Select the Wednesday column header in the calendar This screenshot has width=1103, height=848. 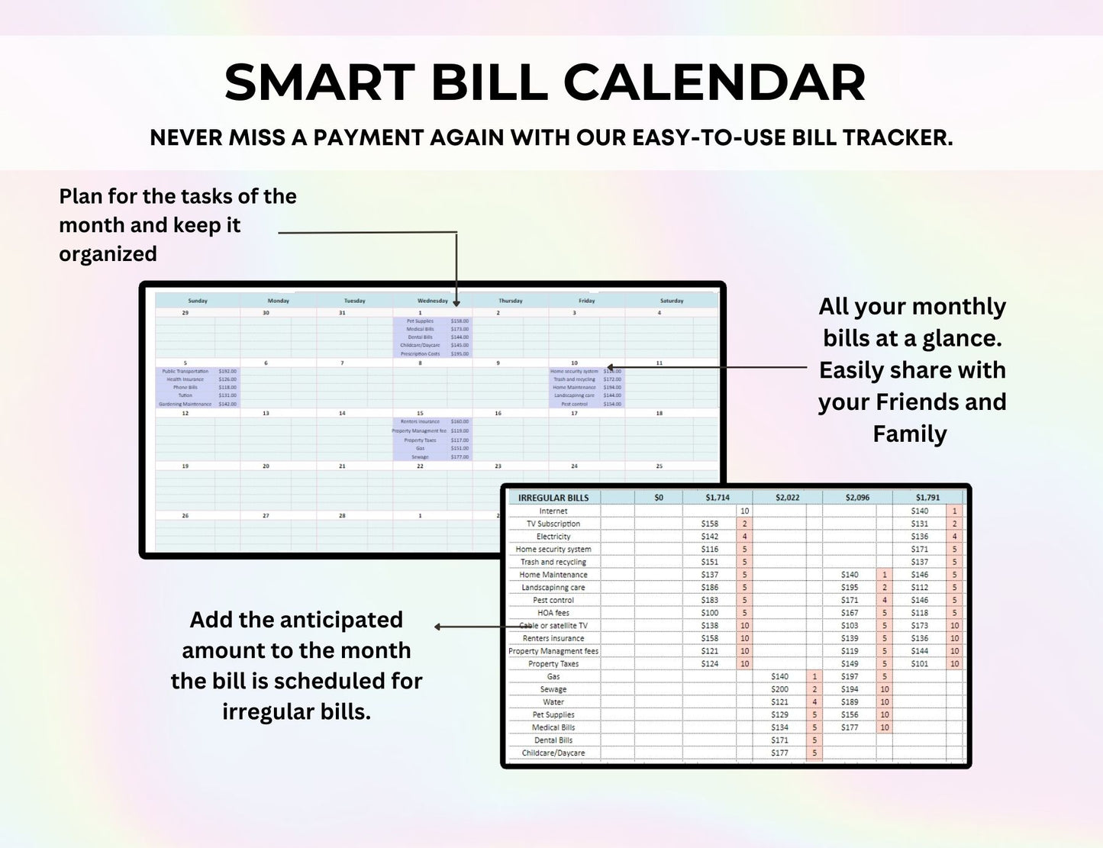[x=432, y=301]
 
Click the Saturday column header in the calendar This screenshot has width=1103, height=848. [x=671, y=301]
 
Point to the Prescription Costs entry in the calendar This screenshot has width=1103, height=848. [x=420, y=353]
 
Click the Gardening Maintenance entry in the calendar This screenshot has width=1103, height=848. [x=185, y=404]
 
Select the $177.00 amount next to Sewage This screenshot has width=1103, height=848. [x=460, y=457]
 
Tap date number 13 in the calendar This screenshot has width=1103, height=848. [x=266, y=413]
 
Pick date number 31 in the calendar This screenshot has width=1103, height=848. [x=342, y=313]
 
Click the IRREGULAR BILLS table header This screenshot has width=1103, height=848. [x=553, y=498]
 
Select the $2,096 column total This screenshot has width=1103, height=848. [x=857, y=498]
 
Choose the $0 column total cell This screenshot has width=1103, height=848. [x=659, y=498]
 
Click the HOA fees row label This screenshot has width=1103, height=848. [x=553, y=613]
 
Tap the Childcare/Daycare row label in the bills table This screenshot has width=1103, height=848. [x=553, y=753]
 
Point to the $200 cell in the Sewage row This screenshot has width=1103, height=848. [x=779, y=689]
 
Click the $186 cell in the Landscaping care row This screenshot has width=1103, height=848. [x=709, y=588]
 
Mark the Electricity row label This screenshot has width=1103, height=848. [x=553, y=537]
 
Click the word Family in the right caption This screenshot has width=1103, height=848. [x=909, y=434]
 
